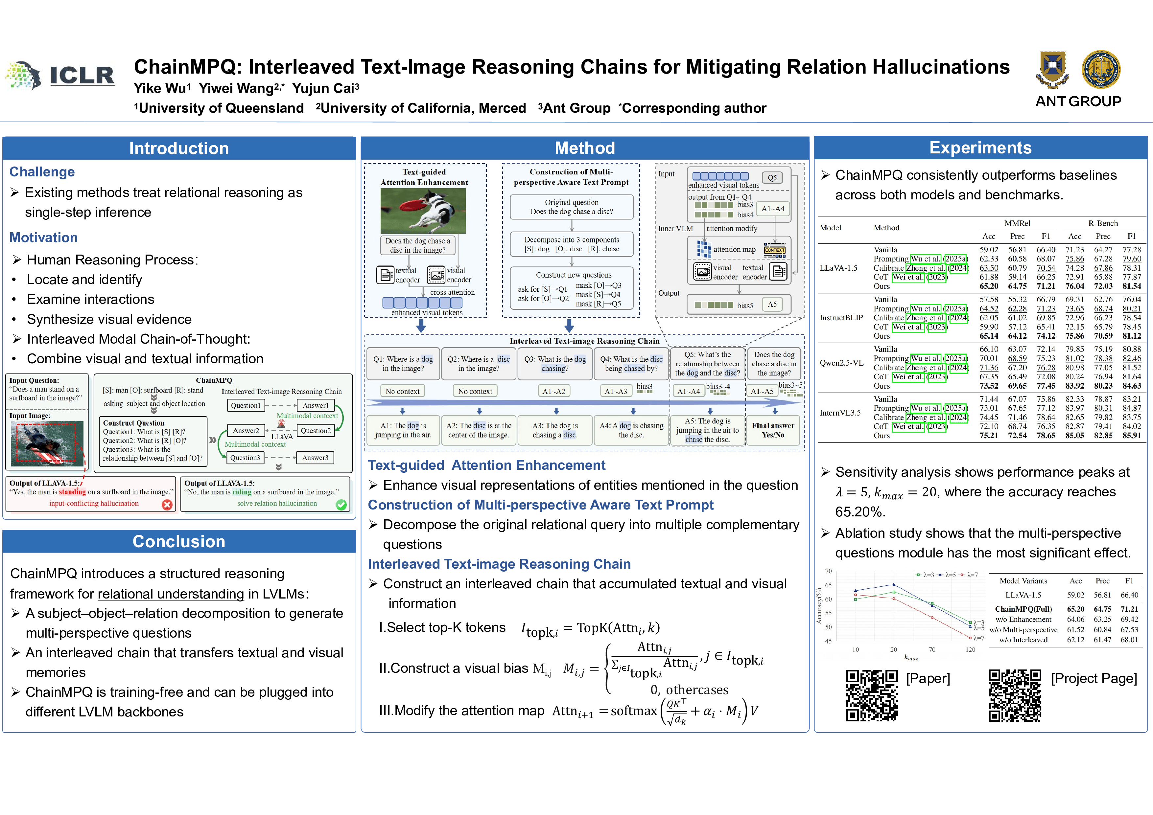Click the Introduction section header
[179, 148]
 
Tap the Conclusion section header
[179, 541]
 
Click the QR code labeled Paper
[872, 695]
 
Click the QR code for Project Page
[1015, 695]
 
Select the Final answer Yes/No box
[773, 430]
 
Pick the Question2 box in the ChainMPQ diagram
[316, 431]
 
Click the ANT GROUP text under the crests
[1078, 102]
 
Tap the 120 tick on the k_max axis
[970, 649]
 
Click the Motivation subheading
[44, 238]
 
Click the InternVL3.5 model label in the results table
[840, 413]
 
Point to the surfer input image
[47, 443]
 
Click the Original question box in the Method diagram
[572, 207]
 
